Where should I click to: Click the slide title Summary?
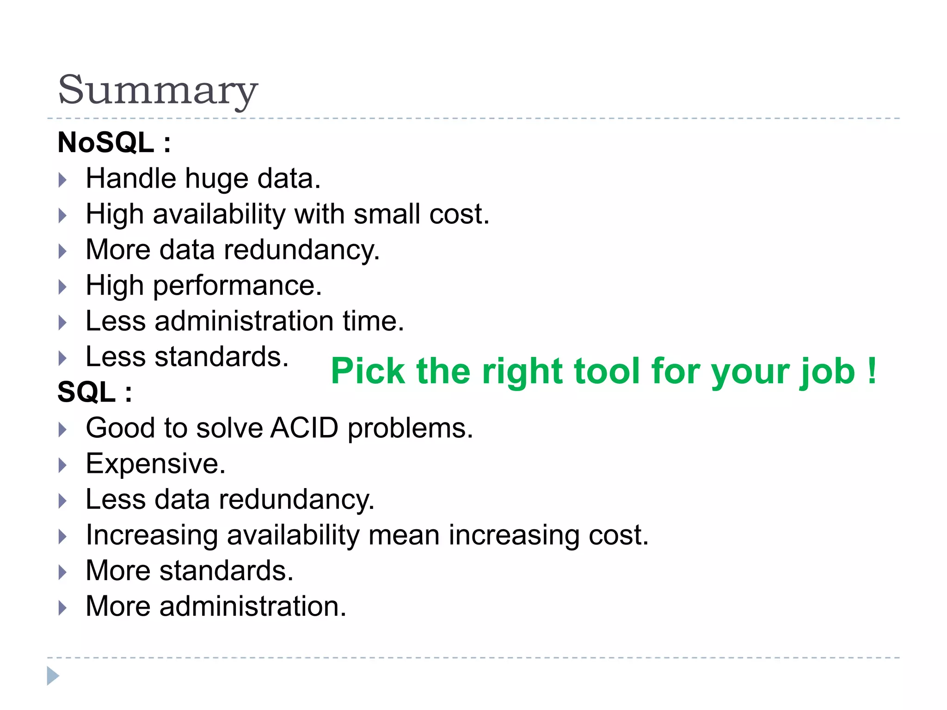[157, 90]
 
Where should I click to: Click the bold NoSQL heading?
[106, 142]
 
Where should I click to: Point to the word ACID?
[305, 428]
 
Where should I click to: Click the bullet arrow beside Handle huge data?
[63, 180]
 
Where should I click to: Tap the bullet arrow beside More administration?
[63, 607]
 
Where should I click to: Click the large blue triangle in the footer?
[53, 676]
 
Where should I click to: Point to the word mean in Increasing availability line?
[404, 535]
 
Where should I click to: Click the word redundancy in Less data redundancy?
[296, 500]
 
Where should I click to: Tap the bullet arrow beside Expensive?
[63, 465]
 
